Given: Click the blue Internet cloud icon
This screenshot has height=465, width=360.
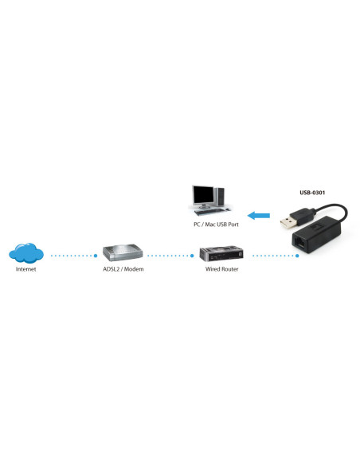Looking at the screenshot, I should click(26, 254).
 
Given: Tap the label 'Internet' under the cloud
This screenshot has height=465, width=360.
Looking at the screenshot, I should click(26, 270).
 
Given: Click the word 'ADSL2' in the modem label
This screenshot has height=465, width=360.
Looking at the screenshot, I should click(112, 270).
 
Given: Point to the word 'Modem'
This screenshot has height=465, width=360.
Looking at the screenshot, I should click(133, 270).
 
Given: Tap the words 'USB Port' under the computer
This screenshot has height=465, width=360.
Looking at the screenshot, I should click(231, 225).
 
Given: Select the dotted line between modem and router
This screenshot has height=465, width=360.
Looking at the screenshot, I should click(169, 256).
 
